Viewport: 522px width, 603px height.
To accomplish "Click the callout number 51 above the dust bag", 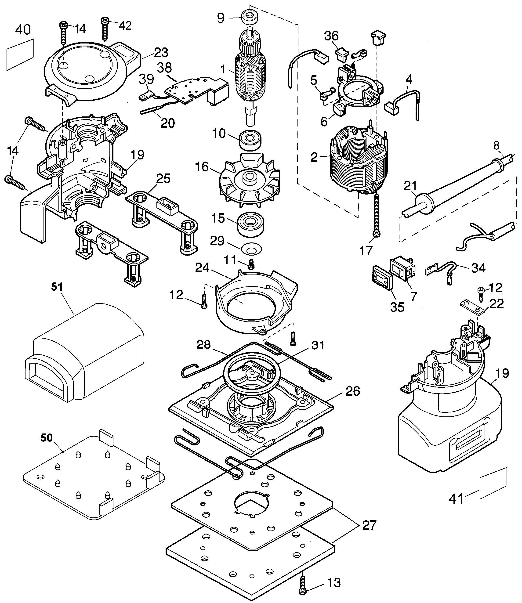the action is pyautogui.click(x=57, y=287).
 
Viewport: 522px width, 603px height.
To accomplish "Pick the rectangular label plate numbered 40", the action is pyautogui.click(x=20, y=54).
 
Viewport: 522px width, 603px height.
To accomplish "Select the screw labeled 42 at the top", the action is pyautogui.click(x=105, y=28).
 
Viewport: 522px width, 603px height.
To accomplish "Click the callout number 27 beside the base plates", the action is pyautogui.click(x=369, y=525).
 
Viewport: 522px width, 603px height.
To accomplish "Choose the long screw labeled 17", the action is pyautogui.click(x=376, y=215).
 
